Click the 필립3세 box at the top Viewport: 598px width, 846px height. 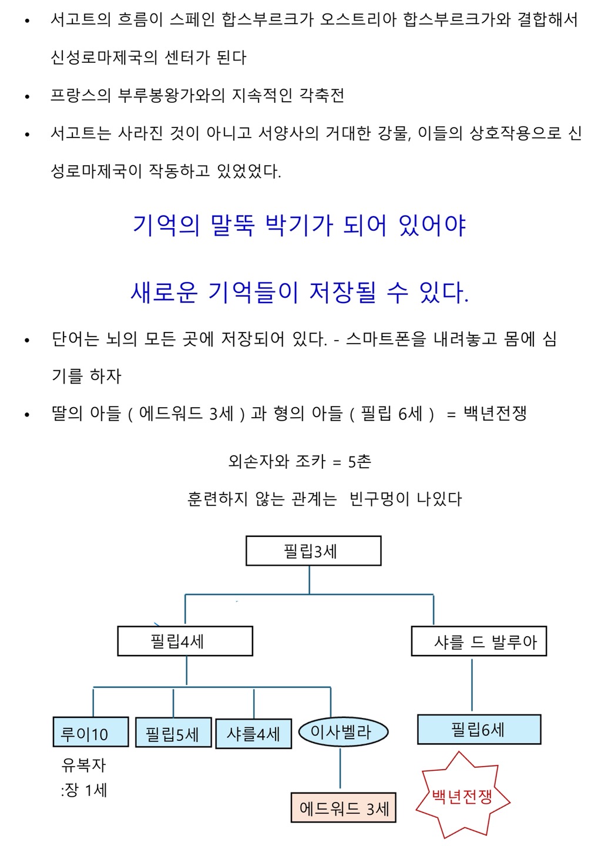[x=313, y=551]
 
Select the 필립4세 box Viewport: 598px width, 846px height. [x=185, y=641]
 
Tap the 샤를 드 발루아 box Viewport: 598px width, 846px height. [x=479, y=641]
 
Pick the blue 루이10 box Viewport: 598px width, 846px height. [x=90, y=732]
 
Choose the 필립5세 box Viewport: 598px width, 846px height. [x=173, y=733]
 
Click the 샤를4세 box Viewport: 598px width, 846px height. [x=254, y=734]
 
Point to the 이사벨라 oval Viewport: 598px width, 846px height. [x=343, y=732]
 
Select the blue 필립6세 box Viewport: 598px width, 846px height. [x=479, y=730]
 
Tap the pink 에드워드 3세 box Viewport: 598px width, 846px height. [x=344, y=808]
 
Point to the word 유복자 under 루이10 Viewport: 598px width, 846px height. [x=83, y=765]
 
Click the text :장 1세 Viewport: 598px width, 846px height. [x=83, y=790]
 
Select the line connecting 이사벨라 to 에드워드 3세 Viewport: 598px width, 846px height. [x=341, y=768]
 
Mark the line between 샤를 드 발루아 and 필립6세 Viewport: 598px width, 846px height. [x=472, y=685]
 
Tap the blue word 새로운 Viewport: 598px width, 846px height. [x=164, y=292]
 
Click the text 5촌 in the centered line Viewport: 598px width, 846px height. [x=359, y=462]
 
